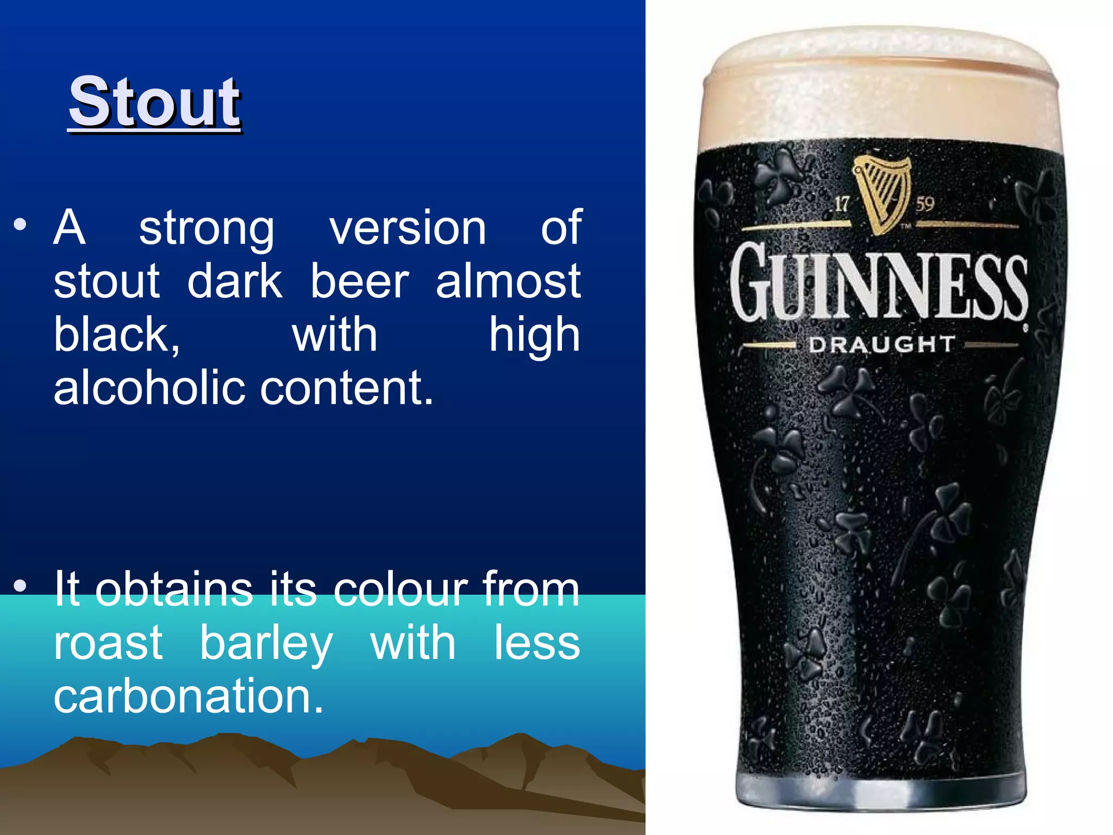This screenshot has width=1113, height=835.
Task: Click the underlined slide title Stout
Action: (154, 102)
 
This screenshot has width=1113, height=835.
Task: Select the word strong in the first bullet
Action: (207, 228)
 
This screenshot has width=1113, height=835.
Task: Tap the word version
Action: (408, 228)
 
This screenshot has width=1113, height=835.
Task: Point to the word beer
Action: (359, 282)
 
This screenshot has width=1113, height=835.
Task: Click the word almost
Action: (508, 282)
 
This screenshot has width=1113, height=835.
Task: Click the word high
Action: (534, 336)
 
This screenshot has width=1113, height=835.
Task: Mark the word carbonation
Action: (187, 696)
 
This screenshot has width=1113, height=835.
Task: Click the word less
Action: (537, 643)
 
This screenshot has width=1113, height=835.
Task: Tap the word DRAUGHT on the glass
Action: (881, 345)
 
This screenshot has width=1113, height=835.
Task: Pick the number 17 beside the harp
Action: (842, 204)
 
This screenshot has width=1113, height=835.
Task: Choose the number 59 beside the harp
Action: (924, 204)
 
